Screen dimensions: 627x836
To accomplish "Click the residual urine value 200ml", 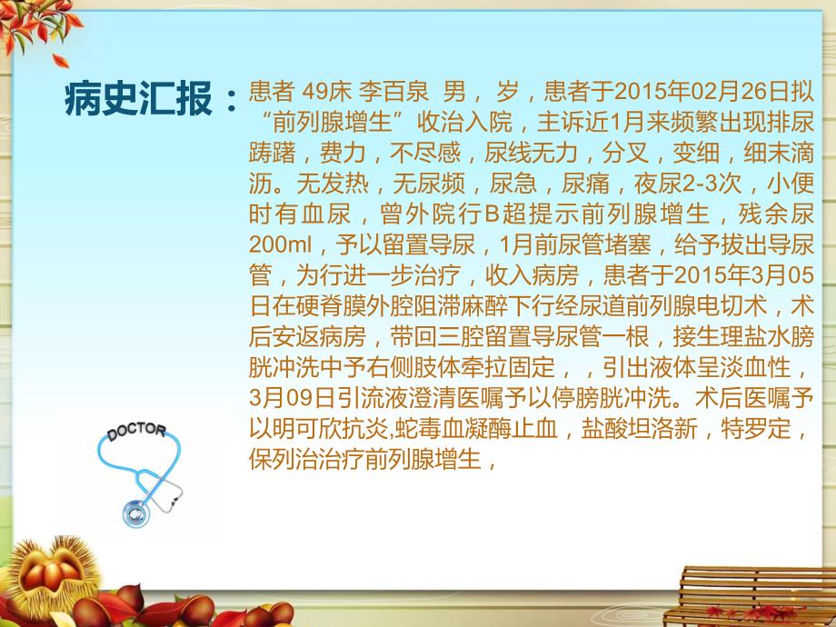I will tap(280, 245).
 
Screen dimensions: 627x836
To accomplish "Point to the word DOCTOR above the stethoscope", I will tap(136, 432).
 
